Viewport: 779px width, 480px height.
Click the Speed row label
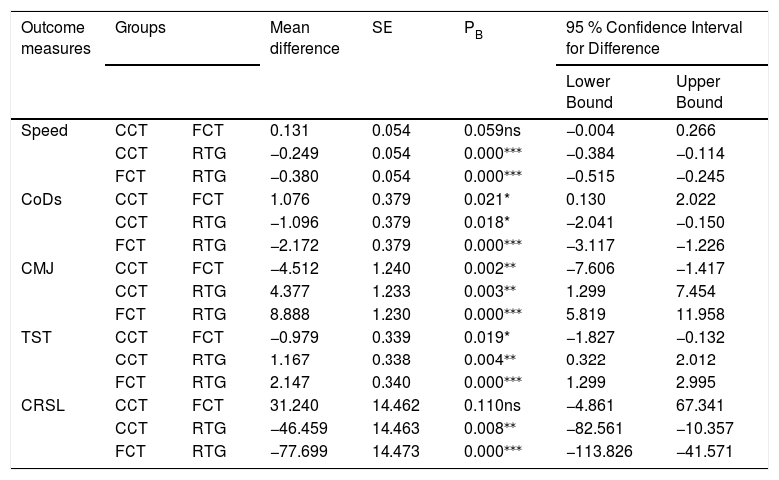pyautogui.click(x=44, y=131)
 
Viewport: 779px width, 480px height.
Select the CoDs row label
pyautogui.click(x=41, y=200)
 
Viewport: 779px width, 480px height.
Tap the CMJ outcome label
pyautogui.click(x=37, y=268)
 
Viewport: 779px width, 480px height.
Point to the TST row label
pyautogui.click(x=36, y=337)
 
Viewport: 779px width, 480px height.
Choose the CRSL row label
pyautogui.click(x=43, y=405)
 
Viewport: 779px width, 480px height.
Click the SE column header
pyautogui.click(x=383, y=27)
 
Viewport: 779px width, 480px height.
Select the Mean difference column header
pyautogui.click(x=305, y=38)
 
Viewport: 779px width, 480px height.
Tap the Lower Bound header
pyautogui.click(x=589, y=92)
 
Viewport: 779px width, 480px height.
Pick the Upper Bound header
pyautogui.click(x=699, y=92)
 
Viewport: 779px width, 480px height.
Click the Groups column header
pyautogui.click(x=140, y=27)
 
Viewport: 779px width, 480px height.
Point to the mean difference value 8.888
pyautogui.click(x=290, y=314)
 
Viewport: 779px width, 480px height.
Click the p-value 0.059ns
pyautogui.click(x=492, y=130)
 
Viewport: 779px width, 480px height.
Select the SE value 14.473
pyautogui.click(x=395, y=451)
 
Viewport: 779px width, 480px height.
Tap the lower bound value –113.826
pyautogui.click(x=599, y=451)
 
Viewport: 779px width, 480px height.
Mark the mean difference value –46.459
pyautogui.click(x=299, y=428)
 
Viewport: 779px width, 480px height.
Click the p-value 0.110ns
pyautogui.click(x=492, y=405)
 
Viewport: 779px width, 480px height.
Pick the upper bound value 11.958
pyautogui.click(x=700, y=314)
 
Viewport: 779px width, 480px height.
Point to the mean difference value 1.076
pyautogui.click(x=290, y=200)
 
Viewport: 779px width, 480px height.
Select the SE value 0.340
pyautogui.click(x=390, y=382)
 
